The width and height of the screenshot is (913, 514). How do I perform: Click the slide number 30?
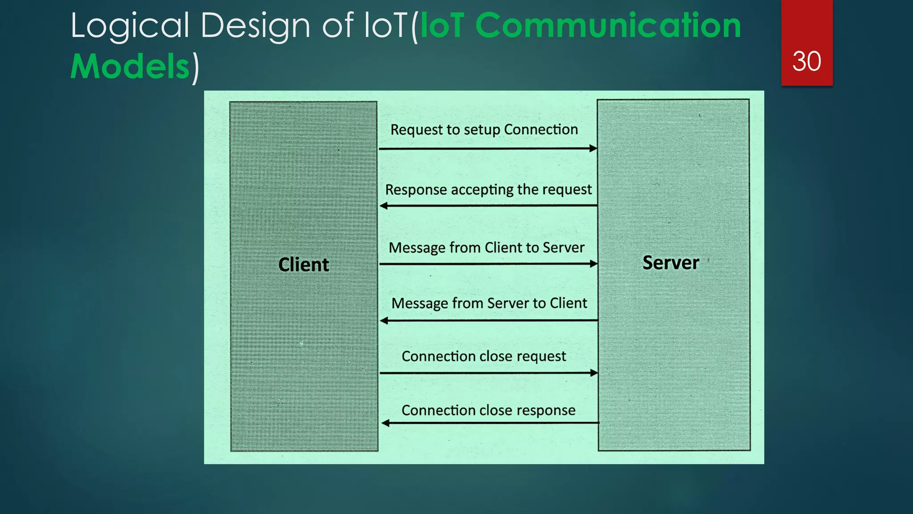[806, 61]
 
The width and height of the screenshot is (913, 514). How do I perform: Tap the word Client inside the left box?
[304, 265]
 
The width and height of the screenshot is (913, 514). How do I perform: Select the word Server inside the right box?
[670, 262]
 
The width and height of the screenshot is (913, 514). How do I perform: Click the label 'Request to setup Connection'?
[484, 130]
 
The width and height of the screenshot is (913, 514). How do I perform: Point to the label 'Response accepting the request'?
[488, 190]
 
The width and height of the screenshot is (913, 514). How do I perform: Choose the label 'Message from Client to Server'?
[486, 248]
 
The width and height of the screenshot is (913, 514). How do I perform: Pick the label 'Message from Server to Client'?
[489, 303]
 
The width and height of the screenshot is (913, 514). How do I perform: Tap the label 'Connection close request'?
[484, 356]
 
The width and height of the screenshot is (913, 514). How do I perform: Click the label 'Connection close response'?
[488, 410]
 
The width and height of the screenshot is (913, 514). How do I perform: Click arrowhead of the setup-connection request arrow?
[593, 149]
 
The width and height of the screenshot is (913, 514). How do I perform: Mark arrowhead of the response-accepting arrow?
[384, 206]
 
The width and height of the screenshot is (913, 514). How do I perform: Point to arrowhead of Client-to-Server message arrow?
[593, 264]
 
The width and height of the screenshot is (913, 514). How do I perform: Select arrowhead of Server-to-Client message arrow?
[384, 320]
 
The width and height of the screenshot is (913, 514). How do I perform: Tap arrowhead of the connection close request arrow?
[594, 373]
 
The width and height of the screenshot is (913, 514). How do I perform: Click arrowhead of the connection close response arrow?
[386, 423]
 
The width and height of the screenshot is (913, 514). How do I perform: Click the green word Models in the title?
[130, 66]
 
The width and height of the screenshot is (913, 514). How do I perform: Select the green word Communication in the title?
[608, 25]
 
